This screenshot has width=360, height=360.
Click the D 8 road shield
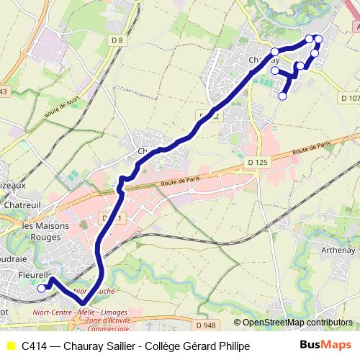click(118, 40)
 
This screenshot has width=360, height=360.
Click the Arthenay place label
click(337, 251)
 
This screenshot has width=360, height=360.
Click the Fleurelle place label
click(34, 275)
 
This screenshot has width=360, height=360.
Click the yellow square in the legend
click(11, 346)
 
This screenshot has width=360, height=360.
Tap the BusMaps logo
click(325, 345)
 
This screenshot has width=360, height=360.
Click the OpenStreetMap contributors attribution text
click(297, 323)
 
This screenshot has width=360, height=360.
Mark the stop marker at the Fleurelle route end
click(41, 288)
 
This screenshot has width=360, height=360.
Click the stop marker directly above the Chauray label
click(274, 51)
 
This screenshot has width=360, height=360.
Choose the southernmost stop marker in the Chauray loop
click(282, 96)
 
